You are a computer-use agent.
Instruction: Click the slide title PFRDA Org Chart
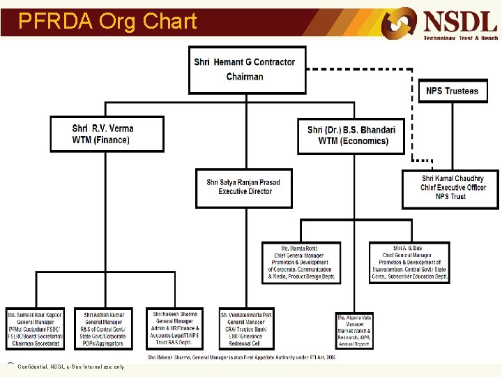[x=107, y=22]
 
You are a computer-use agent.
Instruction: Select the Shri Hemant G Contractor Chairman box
[x=248, y=69]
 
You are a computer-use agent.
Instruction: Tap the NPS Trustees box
[x=452, y=91]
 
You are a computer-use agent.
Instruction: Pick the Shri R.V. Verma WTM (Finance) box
[x=107, y=134]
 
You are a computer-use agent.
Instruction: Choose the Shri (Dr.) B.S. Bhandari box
[x=351, y=135]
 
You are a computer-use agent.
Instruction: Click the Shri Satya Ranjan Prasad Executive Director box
[x=243, y=188]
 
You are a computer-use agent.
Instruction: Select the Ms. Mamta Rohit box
[x=302, y=263]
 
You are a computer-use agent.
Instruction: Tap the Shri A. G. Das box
[x=409, y=263]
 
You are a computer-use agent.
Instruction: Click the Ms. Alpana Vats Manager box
[x=354, y=330]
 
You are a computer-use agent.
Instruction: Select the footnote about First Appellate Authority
[x=241, y=356]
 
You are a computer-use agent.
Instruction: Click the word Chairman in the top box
[x=245, y=77]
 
